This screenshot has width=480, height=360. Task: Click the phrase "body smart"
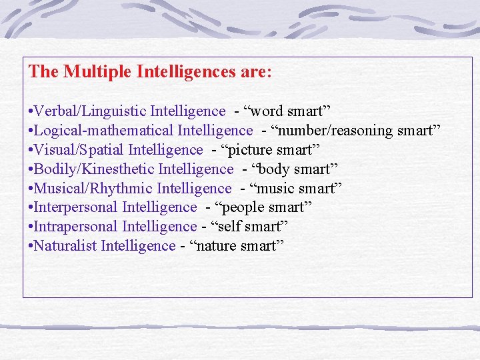click(x=296, y=169)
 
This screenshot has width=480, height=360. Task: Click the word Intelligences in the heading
click(x=184, y=71)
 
